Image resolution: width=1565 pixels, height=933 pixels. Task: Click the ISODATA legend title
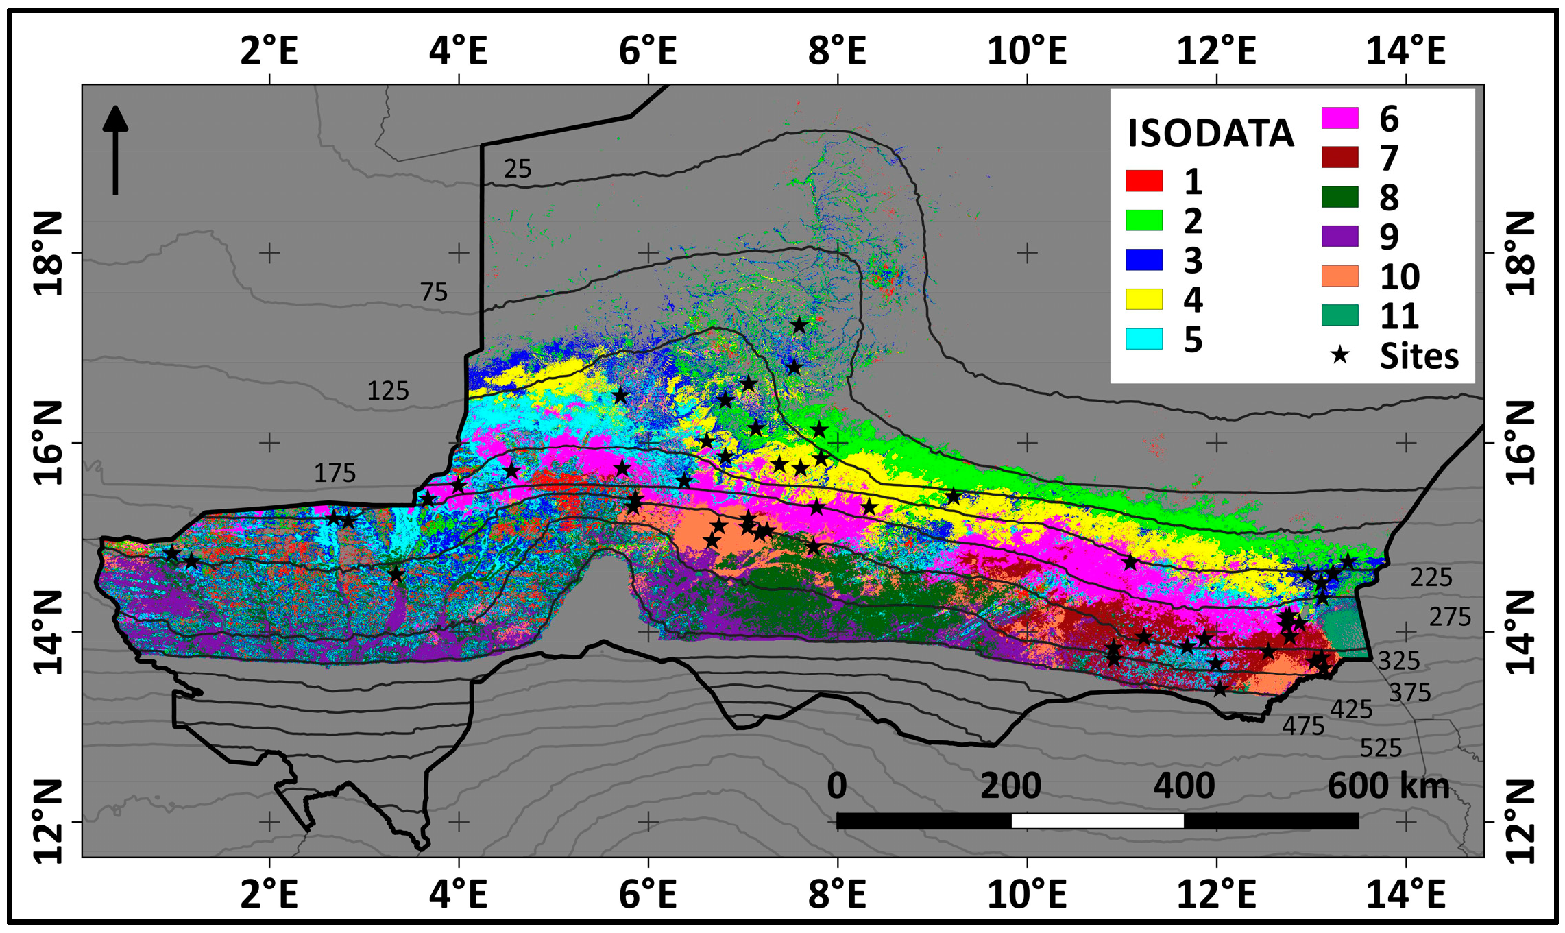1211,133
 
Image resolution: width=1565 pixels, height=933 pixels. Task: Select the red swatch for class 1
1144,181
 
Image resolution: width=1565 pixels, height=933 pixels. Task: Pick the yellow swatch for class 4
1144,300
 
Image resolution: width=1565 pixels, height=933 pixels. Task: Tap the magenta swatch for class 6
1339,118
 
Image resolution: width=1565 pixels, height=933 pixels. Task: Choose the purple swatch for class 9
1339,236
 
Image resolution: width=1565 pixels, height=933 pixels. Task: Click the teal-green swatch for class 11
1339,315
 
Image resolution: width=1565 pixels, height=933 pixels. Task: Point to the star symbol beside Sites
1339,355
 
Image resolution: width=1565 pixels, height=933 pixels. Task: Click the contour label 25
518,169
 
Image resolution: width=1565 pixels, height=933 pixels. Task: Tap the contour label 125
388,391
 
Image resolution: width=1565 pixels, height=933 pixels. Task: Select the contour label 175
335,473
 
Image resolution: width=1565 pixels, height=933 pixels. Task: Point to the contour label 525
1381,748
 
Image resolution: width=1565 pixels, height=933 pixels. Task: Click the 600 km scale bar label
1388,786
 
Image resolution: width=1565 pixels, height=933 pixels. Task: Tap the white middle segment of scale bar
1097,821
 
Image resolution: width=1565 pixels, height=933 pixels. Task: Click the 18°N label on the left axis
49,253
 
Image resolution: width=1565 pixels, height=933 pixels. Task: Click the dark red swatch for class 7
1339,157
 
